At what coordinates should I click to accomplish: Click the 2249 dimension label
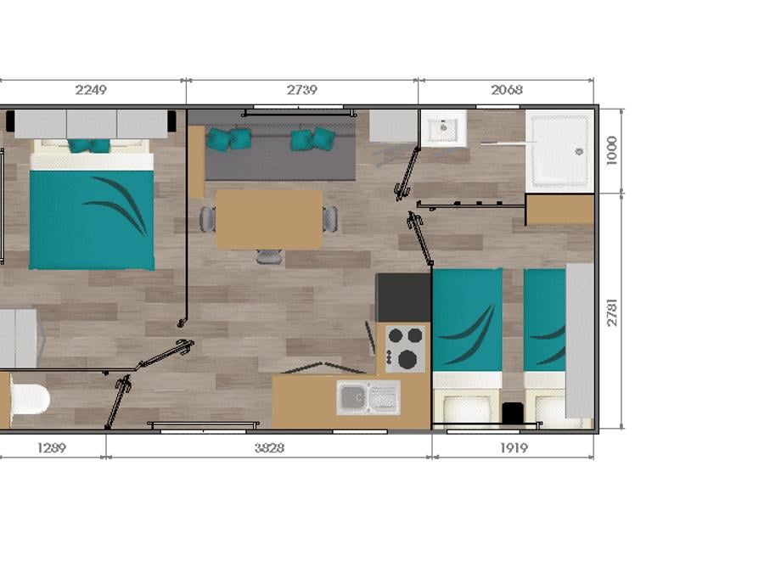[91, 90]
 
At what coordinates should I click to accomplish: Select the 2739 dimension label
[301, 90]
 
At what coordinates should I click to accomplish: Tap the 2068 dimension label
[507, 90]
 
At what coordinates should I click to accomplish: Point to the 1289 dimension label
[52, 447]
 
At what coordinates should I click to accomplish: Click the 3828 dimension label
[269, 447]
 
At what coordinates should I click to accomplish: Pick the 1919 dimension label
[514, 447]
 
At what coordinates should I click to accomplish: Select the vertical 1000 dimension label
[612, 150]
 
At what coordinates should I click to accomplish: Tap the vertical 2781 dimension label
[612, 312]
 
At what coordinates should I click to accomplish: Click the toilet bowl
[30, 399]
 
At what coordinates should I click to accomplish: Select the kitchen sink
[368, 398]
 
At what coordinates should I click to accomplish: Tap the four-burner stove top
[405, 348]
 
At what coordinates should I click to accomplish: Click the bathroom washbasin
[443, 128]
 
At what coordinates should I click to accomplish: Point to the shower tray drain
[579, 152]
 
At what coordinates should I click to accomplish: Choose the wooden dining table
[269, 219]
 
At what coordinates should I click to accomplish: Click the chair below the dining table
[269, 256]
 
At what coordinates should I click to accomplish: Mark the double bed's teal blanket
[92, 220]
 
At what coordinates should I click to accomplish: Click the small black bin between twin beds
[512, 413]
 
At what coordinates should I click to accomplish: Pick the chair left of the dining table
[208, 219]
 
